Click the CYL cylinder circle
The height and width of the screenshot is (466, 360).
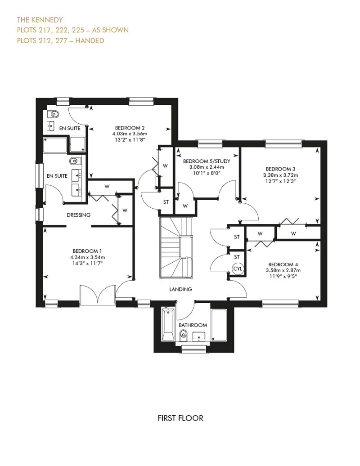click(238, 269)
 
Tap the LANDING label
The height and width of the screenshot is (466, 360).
click(180, 289)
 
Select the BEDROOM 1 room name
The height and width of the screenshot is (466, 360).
click(87, 251)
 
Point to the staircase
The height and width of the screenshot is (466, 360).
click(176, 247)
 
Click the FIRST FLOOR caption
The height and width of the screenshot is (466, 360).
click(180, 418)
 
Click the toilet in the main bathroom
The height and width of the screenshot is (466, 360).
click(184, 335)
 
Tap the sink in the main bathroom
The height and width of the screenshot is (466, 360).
click(198, 336)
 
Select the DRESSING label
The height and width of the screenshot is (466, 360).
click(78, 215)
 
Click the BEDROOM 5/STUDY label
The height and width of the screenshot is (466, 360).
click(207, 161)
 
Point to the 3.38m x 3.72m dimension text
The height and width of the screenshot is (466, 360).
click(281, 175)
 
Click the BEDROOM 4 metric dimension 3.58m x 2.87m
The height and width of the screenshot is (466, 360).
click(283, 270)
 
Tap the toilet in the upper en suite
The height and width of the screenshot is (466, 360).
click(54, 113)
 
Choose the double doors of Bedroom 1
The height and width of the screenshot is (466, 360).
click(98, 295)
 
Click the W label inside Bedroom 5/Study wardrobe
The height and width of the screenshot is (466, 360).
click(185, 206)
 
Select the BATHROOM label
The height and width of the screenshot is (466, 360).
click(193, 325)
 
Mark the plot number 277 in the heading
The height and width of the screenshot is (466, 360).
click(61, 40)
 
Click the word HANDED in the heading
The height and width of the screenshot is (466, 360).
click(90, 40)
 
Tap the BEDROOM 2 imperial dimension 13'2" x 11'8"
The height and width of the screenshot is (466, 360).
click(130, 140)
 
